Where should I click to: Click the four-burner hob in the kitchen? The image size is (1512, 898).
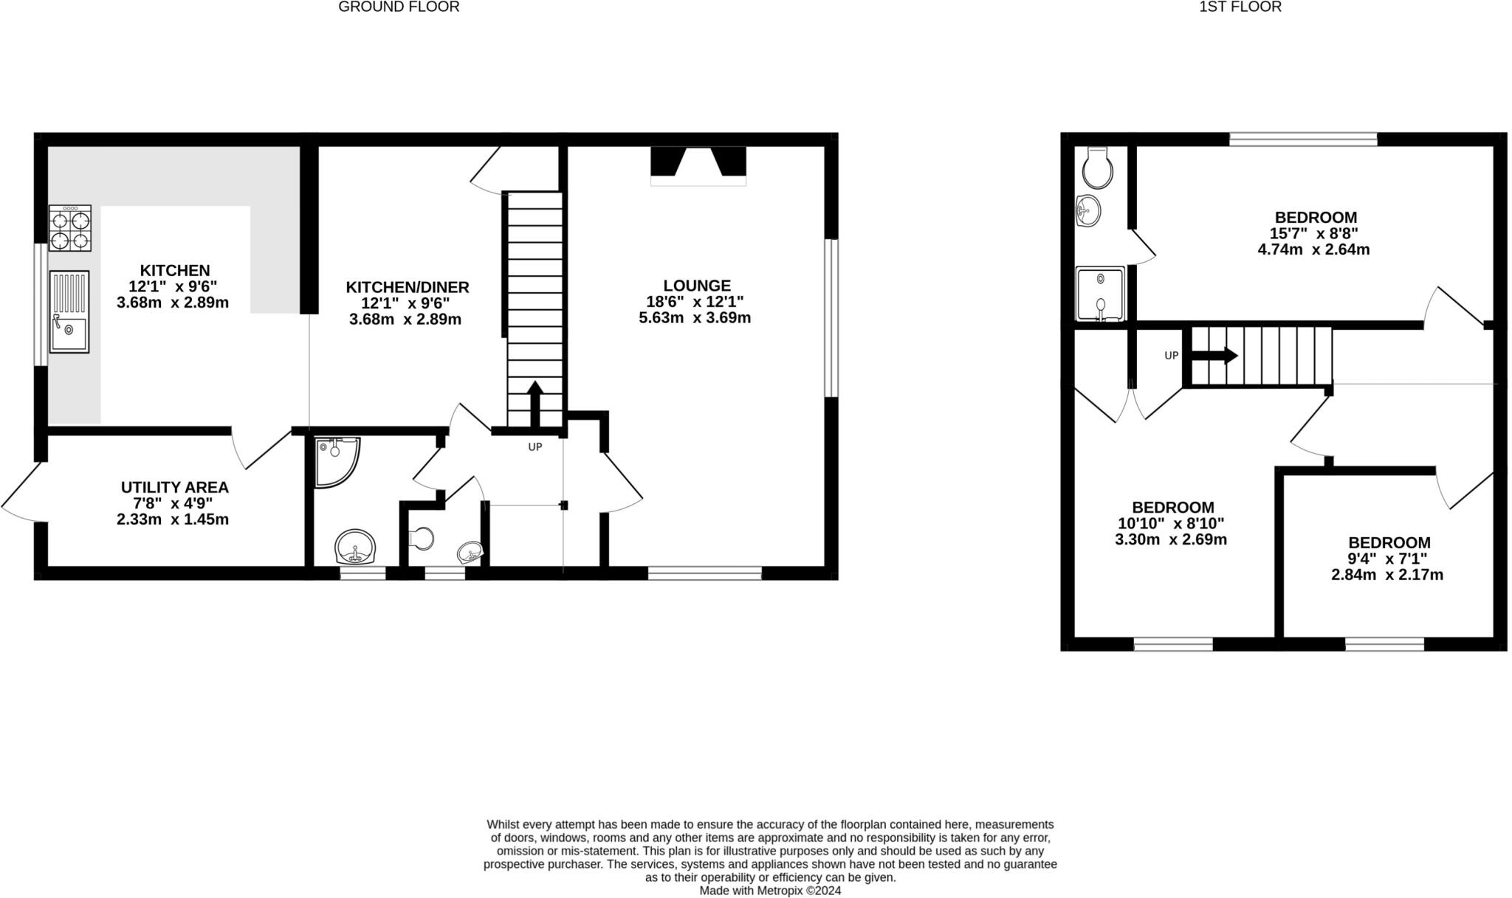pyautogui.click(x=70, y=229)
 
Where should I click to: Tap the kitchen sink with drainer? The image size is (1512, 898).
pyautogui.click(x=69, y=312)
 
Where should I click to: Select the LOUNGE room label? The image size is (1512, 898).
pyautogui.click(x=696, y=286)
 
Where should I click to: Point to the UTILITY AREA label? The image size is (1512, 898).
pyautogui.click(x=174, y=488)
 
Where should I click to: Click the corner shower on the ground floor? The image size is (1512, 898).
pyautogui.click(x=336, y=461)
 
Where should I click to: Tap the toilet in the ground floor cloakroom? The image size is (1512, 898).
pyautogui.click(x=422, y=539)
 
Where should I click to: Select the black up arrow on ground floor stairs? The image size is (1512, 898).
pyautogui.click(x=535, y=402)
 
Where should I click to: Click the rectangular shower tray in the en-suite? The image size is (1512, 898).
pyautogui.click(x=1100, y=294)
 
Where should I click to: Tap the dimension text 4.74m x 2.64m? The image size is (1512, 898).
pyautogui.click(x=1313, y=249)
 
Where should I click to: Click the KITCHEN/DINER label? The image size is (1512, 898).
pyautogui.click(x=408, y=287)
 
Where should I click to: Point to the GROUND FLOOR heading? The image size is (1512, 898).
pyautogui.click(x=399, y=7)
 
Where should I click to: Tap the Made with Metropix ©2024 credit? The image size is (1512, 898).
pyautogui.click(x=770, y=891)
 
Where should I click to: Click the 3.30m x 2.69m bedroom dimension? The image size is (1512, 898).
pyautogui.click(x=1171, y=539)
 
